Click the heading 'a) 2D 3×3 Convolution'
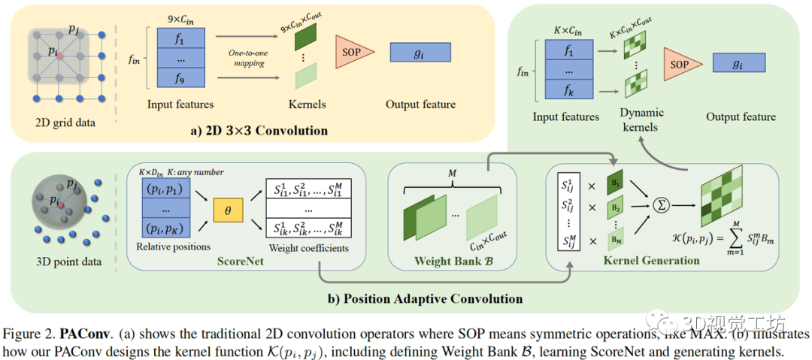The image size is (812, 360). coord(259,131)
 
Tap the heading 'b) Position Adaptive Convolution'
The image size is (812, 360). coord(425,298)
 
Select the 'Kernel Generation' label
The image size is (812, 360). coord(651,261)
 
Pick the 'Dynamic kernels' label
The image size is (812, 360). coord(642,119)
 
